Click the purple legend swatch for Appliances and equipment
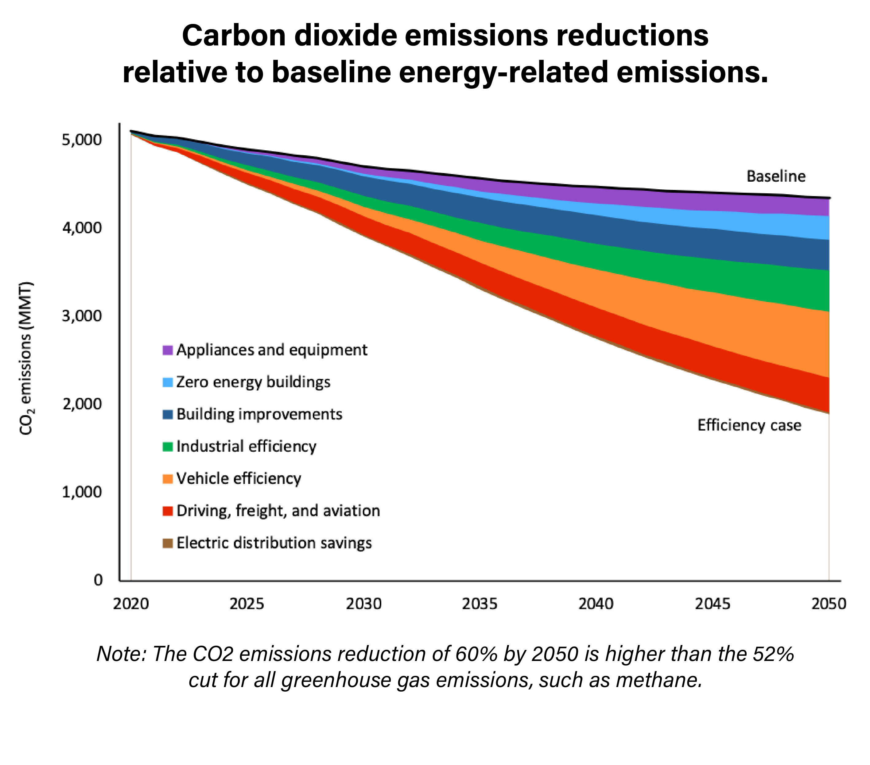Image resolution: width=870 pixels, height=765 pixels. [x=168, y=350]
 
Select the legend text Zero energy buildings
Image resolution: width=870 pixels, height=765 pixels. [x=253, y=382]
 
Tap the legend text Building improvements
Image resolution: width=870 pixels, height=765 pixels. [x=259, y=414]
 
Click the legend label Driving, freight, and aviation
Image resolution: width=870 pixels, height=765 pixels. [x=278, y=511]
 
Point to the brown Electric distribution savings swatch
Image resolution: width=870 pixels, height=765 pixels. [x=168, y=543]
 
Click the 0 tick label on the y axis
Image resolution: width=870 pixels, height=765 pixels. [x=98, y=580]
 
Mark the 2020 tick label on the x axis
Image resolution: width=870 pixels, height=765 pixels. [x=131, y=604]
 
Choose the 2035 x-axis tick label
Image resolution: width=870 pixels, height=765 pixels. [x=480, y=604]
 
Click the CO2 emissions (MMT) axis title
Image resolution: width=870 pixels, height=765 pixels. [x=26, y=358]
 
